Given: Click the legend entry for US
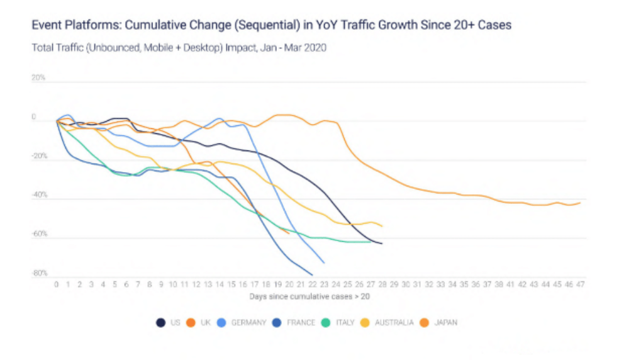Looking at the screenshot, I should (169, 323).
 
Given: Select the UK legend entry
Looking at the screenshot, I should (198, 323).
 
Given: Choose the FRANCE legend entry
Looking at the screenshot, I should (294, 323).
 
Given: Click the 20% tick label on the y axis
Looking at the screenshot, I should (38, 78).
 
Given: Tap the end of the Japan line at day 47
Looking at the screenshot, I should (580, 203).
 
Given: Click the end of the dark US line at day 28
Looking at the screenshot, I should (382, 244).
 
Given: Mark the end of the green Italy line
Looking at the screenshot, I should (371, 242).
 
